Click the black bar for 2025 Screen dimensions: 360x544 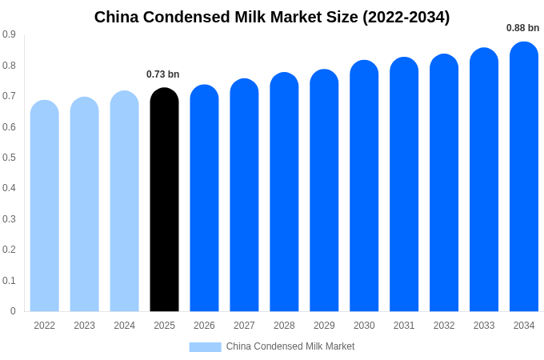click(x=164, y=200)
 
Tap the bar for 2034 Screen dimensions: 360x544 click(x=524, y=177)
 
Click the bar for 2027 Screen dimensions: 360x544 click(x=244, y=195)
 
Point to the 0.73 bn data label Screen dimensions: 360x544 click(x=163, y=74)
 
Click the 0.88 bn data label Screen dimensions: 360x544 click(x=522, y=28)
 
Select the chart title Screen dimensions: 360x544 click(x=272, y=17)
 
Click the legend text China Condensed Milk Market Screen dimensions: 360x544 click(x=290, y=346)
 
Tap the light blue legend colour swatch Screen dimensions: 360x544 click(x=205, y=346)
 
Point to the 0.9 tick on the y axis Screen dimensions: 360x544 click(x=9, y=34)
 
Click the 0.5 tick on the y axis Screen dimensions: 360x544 click(x=9, y=158)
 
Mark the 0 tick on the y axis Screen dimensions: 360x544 click(x=13, y=311)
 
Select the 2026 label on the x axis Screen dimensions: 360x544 click(x=204, y=326)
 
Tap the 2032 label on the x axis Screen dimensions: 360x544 click(x=444, y=326)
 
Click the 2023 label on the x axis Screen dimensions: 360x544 click(x=84, y=326)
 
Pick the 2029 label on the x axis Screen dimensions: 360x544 click(x=324, y=326)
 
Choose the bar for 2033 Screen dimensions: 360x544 click(x=484, y=180)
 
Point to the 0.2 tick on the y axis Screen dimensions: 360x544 click(x=9, y=250)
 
